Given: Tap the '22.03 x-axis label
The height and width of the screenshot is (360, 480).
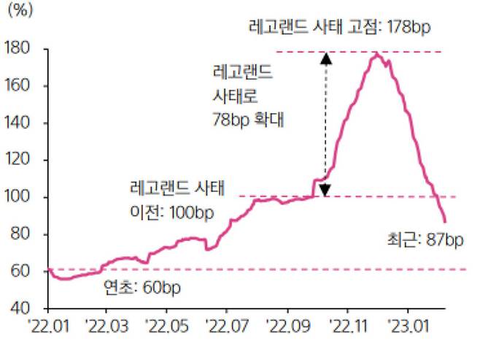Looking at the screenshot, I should (107, 323).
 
